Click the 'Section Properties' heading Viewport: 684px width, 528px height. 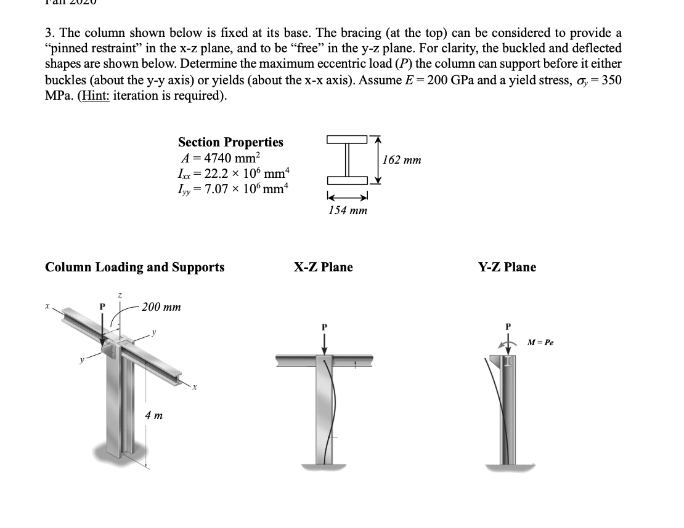click(x=230, y=142)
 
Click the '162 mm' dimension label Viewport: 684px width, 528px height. click(x=402, y=160)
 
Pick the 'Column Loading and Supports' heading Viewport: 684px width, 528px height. click(x=135, y=267)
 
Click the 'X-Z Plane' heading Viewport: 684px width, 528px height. click(x=323, y=267)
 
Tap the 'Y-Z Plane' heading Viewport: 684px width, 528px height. click(x=507, y=267)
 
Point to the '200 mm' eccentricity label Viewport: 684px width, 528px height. click(x=161, y=307)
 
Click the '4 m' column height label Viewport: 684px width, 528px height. click(x=153, y=415)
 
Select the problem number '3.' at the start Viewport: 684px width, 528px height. click(x=51, y=32)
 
